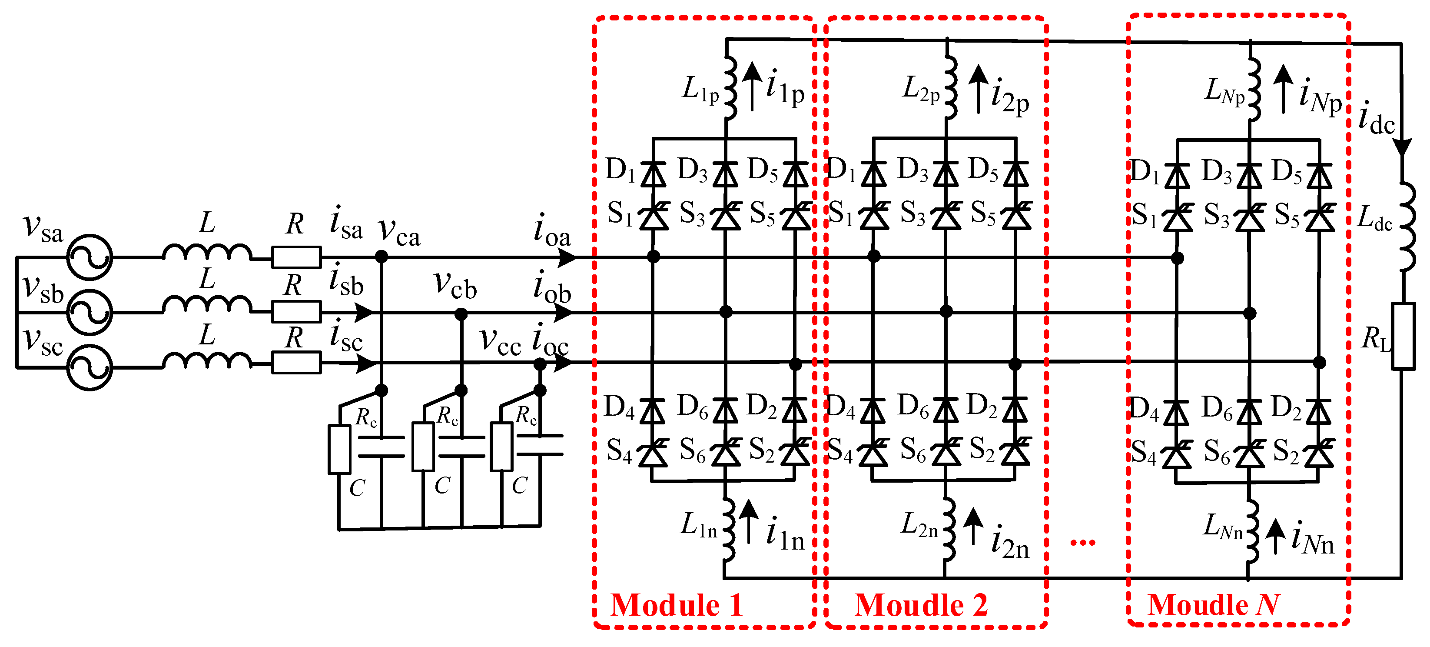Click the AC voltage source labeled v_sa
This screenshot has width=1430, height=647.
point(90,258)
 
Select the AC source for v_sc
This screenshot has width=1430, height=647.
point(90,367)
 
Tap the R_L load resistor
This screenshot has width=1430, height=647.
point(1403,336)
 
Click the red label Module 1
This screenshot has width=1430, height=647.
point(677,605)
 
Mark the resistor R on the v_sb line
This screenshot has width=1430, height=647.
point(296,312)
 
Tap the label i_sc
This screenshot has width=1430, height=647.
point(346,337)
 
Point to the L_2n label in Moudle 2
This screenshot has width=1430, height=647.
point(919,525)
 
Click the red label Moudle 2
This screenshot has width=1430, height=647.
point(922,605)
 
